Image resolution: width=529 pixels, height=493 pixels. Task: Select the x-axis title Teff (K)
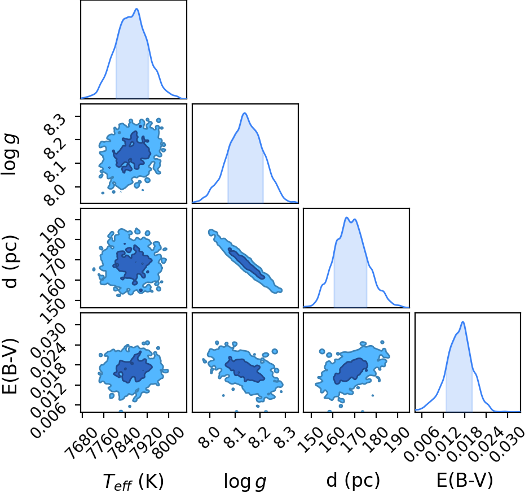[x=133, y=481]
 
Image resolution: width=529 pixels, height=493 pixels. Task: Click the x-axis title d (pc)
[x=353, y=480]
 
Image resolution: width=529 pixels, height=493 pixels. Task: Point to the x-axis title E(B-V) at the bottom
[x=465, y=480]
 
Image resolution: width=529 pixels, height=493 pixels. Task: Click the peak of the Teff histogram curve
[x=137, y=9]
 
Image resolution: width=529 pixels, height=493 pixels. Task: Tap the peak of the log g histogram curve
[x=245, y=113]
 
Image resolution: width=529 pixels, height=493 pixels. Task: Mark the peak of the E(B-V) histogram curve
[x=463, y=322]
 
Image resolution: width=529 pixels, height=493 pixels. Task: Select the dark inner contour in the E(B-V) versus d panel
[x=351, y=370]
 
